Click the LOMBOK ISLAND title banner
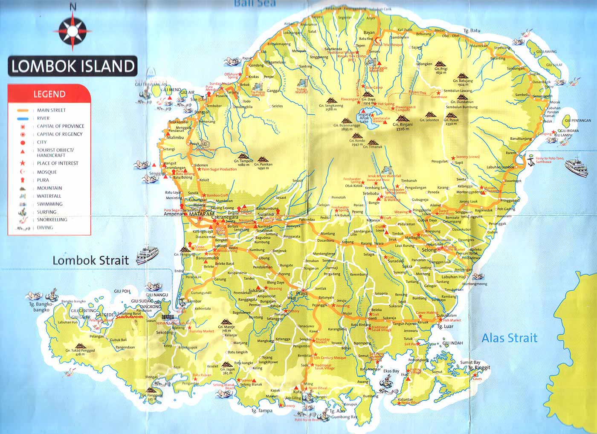pos(72,66)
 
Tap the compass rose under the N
pos(72,31)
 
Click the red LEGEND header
pos(49,94)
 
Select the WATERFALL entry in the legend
pos(49,196)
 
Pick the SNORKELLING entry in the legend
pos(52,220)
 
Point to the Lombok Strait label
pos(90,260)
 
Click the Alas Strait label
pos(510,339)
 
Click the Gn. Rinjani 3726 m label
pos(403,127)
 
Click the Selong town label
pos(429,250)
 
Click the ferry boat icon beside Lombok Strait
pos(147,255)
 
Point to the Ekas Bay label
pos(391,371)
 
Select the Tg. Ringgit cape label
pos(479,367)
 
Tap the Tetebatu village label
pos(371,194)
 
